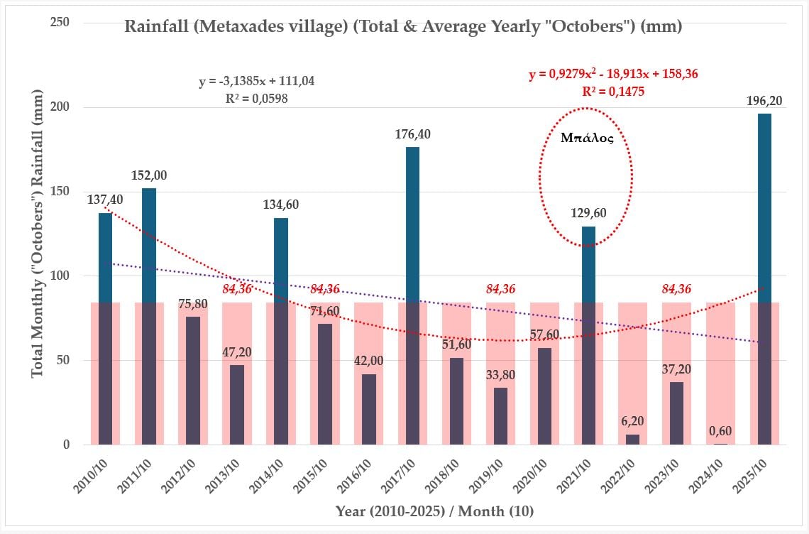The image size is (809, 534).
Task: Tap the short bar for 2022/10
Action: click(x=633, y=440)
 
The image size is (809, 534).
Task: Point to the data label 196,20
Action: click(x=764, y=102)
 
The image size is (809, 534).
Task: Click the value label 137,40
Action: click(x=105, y=201)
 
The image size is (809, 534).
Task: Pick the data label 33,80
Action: click(x=501, y=375)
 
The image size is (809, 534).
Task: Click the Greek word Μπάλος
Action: click(x=586, y=138)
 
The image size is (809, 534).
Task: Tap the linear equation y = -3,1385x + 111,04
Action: click(x=256, y=82)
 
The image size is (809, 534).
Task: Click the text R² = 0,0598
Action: click(x=256, y=99)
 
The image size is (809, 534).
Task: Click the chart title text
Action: click(x=403, y=28)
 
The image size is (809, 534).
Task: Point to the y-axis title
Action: click(x=38, y=234)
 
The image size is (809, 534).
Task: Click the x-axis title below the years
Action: click(x=434, y=511)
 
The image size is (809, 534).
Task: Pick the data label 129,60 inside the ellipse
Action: click(x=588, y=213)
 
